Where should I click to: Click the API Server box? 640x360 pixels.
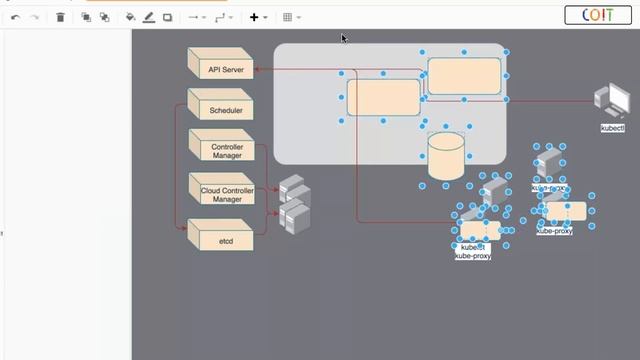point(221,70)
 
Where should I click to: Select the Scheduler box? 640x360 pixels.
point(221,110)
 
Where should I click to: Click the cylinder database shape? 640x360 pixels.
point(446,156)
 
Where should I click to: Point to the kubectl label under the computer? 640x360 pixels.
point(612,128)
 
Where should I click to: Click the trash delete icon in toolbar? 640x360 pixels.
point(60,17)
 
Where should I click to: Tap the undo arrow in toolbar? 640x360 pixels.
point(15,17)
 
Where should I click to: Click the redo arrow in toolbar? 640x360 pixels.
point(34,17)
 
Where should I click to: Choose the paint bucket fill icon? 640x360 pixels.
point(131,17)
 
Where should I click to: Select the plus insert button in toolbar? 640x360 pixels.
point(254,17)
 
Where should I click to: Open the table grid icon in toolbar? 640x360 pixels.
point(287,17)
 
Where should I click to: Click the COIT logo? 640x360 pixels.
point(598,15)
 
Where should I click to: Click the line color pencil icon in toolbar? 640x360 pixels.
point(149,17)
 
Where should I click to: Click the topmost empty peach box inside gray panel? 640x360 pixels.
point(464,76)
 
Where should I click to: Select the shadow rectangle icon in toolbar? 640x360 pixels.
point(167,17)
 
